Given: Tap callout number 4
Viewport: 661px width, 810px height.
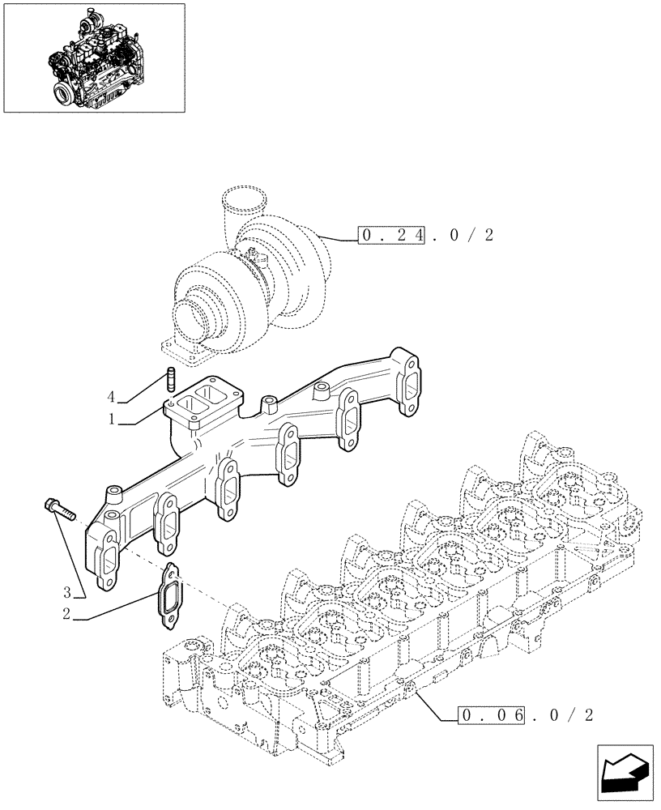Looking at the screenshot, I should [111, 397].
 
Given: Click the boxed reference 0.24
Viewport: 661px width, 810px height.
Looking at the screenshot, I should [392, 236].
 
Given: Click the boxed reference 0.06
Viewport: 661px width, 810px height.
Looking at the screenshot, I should [493, 715].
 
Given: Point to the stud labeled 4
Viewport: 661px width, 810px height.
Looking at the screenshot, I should [170, 377].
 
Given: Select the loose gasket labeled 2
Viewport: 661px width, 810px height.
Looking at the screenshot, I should [169, 597].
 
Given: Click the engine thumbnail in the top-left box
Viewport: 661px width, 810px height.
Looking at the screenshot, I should [93, 58].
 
